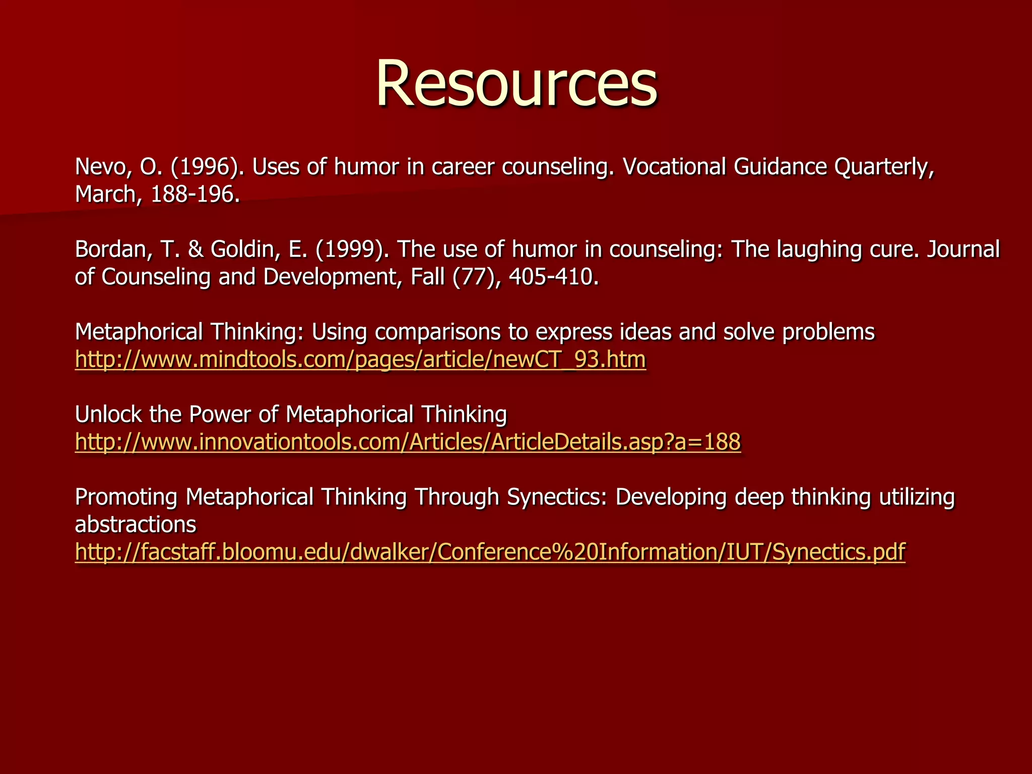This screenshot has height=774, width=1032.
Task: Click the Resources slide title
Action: pos(516,83)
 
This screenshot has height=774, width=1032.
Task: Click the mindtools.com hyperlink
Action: pos(360,360)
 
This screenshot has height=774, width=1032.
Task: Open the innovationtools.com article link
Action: pos(408,442)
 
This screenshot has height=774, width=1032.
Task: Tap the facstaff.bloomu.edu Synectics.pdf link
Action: pos(490,552)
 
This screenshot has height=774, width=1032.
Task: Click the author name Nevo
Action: pos(103,167)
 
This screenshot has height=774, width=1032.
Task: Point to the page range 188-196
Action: pos(192,195)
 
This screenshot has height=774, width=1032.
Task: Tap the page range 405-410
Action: pos(553,277)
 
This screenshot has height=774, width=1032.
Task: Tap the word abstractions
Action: pos(135,525)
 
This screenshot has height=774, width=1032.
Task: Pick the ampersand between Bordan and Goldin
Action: pos(195,249)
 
